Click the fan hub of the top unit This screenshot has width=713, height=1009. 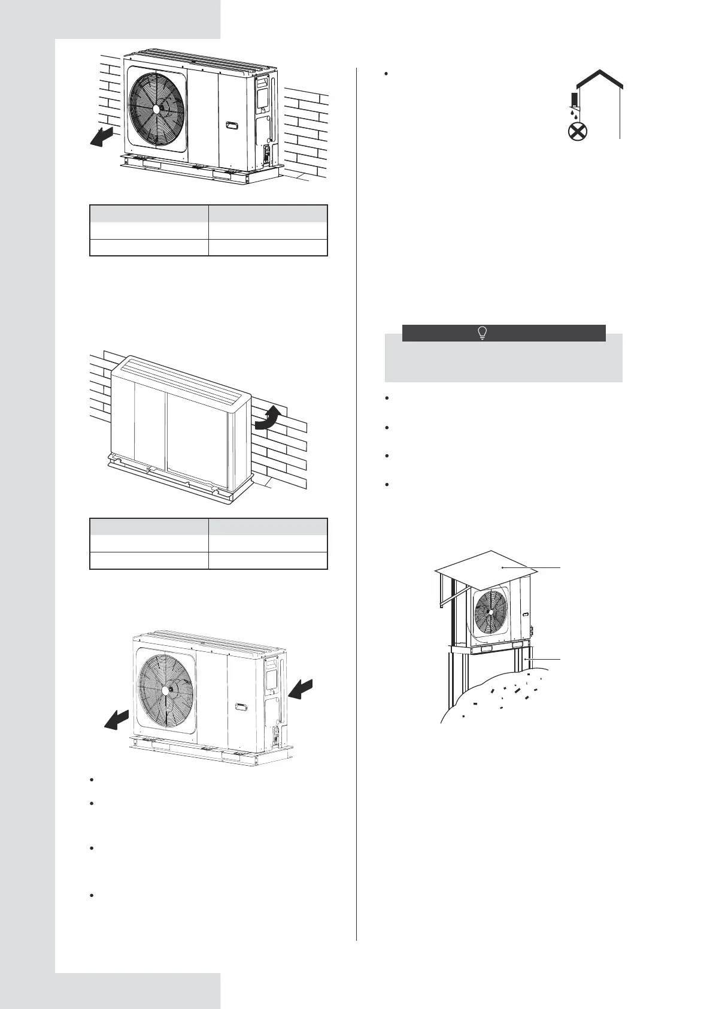(x=157, y=108)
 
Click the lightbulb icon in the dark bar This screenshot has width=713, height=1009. (x=481, y=334)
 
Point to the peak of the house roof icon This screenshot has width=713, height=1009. (x=595, y=71)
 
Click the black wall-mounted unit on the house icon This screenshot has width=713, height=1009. (x=575, y=98)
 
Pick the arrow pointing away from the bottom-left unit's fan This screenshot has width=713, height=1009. (x=117, y=720)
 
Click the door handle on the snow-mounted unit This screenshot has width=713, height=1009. (x=524, y=614)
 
